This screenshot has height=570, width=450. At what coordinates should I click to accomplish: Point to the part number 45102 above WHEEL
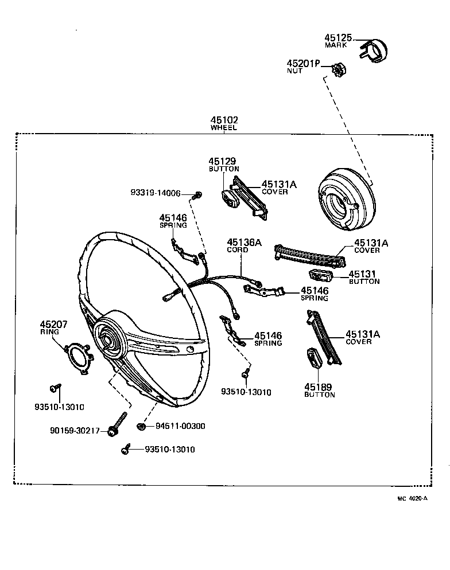click(224, 120)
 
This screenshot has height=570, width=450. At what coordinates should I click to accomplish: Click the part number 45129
click(222, 162)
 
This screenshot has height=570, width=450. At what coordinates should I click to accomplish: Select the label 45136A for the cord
click(244, 243)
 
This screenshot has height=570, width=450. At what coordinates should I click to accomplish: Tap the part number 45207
click(54, 325)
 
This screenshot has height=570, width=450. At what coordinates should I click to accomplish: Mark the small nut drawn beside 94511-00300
click(141, 426)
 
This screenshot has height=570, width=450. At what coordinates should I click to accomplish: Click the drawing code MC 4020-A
click(413, 499)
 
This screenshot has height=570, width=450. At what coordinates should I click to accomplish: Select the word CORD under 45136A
click(238, 250)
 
